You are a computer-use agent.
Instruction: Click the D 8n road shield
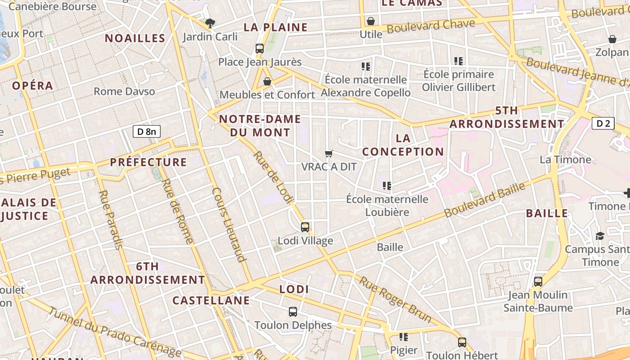pos(147,131)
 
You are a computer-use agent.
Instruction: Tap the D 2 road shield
pos(603,123)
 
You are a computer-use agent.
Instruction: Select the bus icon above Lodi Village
pos(305,227)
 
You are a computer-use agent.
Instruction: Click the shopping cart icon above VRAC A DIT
pos(329,154)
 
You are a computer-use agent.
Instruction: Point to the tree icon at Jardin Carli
pos(210,23)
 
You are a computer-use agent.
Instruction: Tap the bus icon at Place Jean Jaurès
pos(260,49)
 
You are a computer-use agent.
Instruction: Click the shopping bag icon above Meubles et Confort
pos(267,81)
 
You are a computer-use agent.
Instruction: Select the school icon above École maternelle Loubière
pos(387,185)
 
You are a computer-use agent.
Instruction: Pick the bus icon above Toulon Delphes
pos(293,311)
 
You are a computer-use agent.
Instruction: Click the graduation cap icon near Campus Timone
pos(600,236)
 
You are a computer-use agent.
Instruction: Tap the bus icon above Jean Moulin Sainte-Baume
pos(538,282)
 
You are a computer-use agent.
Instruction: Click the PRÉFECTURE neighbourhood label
pos(148,162)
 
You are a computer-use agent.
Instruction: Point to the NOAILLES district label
pos(135,38)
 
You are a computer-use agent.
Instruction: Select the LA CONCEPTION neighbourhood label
pos(403,145)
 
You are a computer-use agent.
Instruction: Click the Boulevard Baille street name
pos(485,200)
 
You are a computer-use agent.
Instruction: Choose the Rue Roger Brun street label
pos(395,299)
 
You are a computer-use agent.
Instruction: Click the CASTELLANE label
pos(211,300)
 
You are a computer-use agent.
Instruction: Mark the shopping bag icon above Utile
pos(371,21)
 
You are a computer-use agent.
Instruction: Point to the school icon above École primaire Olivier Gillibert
pos(459,61)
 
